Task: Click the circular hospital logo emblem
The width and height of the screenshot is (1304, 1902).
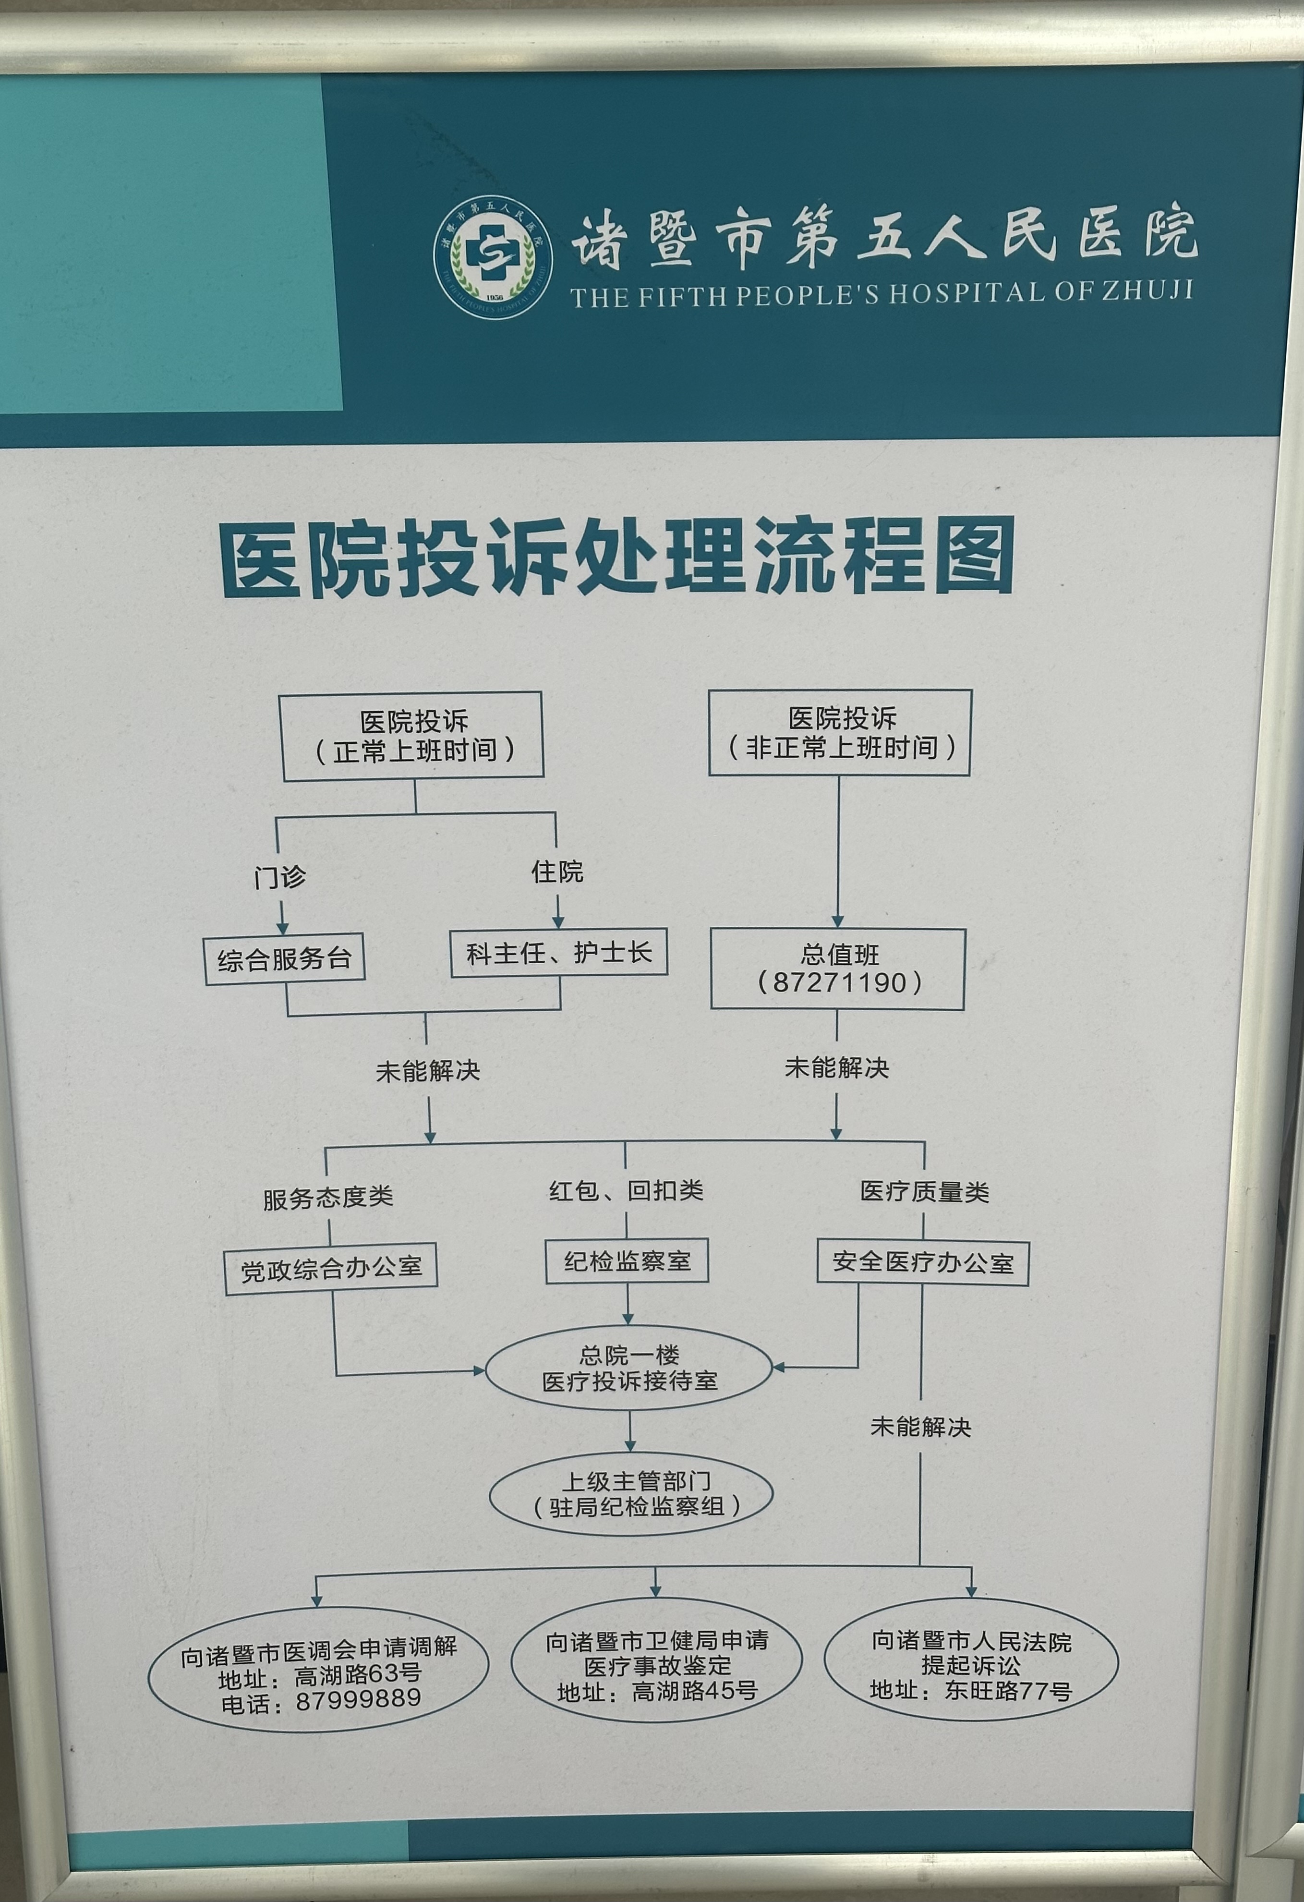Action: [493, 256]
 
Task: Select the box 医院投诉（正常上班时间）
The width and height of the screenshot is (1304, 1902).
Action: [413, 735]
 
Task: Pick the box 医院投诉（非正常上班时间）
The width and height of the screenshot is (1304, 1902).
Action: [840, 732]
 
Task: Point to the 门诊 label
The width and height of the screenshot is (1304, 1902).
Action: [280, 877]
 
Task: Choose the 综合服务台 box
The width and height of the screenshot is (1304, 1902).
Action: [284, 959]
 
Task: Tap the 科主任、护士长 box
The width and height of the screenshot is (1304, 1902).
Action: [559, 953]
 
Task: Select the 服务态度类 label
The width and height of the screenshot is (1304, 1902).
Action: [328, 1198]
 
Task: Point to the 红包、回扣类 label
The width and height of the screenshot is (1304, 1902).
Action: [626, 1191]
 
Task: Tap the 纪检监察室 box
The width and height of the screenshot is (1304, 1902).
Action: [627, 1261]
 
